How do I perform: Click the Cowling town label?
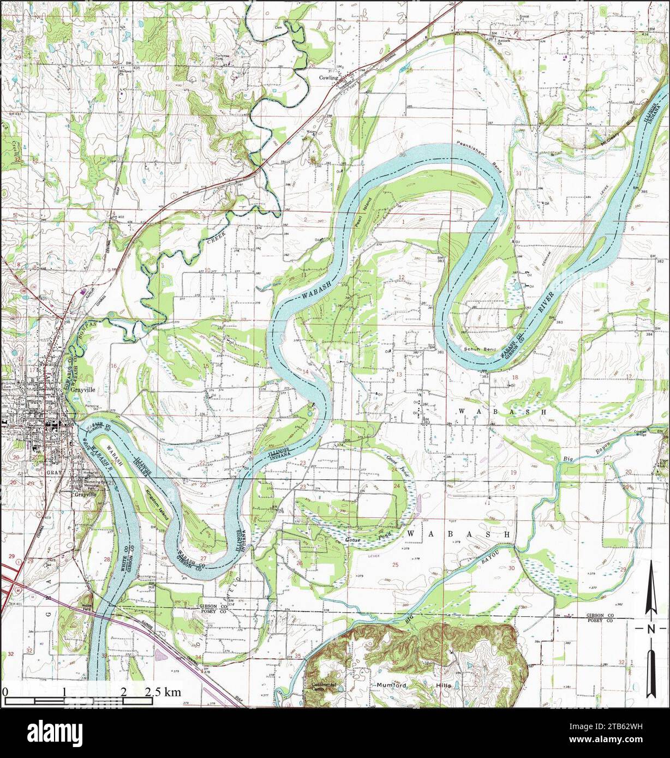pyautogui.click(x=330, y=77)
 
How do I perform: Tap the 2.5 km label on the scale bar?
pyautogui.click(x=163, y=692)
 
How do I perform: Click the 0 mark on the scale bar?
pyautogui.click(x=5, y=692)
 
